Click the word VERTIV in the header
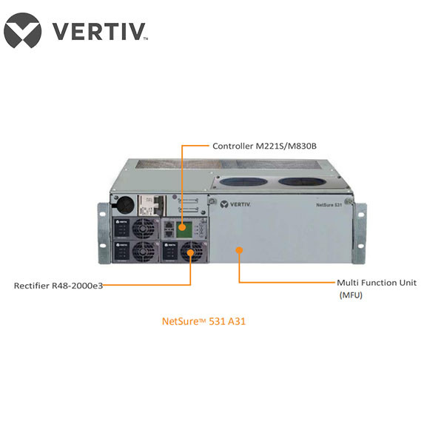(98, 31)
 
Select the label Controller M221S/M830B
(264, 146)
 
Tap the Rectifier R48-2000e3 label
(58, 285)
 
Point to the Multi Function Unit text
(376, 283)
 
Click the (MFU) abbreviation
(351, 295)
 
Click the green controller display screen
(181, 229)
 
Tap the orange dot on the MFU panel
(239, 252)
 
